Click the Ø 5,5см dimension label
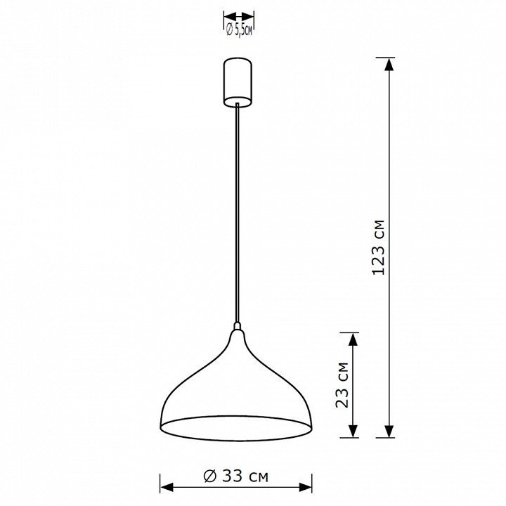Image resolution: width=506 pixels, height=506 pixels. click(239, 31)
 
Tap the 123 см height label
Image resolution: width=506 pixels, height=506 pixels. click(379, 247)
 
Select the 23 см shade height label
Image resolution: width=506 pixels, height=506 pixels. click(342, 385)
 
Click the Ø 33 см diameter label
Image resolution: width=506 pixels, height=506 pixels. click(236, 476)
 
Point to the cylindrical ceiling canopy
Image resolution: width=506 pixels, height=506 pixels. click(238, 82)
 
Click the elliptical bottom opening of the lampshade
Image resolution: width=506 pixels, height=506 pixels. click(236, 428)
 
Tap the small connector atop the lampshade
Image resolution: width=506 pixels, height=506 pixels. click(238, 325)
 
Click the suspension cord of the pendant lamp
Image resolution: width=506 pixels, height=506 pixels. click(238, 212)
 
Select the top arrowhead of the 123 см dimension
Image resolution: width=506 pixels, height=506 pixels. click(389, 64)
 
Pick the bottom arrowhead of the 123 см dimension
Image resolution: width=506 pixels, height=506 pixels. click(389, 431)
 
